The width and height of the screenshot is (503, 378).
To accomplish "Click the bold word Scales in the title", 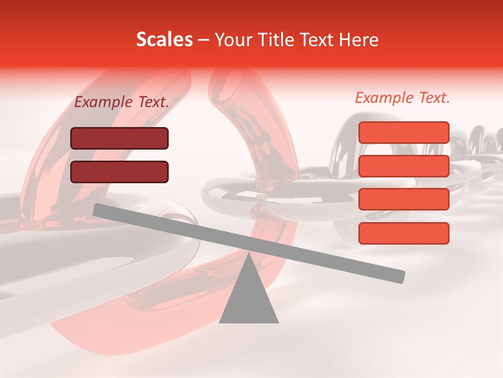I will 164,40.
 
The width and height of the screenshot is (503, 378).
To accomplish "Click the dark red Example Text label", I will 122,102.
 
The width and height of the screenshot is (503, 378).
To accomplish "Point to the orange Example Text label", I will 402,98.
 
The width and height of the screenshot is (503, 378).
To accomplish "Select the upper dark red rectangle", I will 119,139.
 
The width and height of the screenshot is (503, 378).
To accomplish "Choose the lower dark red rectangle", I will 119,172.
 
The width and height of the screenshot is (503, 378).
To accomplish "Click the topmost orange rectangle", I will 403,132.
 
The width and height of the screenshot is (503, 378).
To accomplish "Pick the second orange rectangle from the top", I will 403,166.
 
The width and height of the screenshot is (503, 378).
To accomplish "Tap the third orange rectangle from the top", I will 403,199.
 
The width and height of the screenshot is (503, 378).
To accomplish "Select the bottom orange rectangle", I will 403,233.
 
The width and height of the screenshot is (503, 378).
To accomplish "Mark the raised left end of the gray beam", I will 97,209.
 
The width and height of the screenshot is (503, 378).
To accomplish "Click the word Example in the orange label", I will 384,98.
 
